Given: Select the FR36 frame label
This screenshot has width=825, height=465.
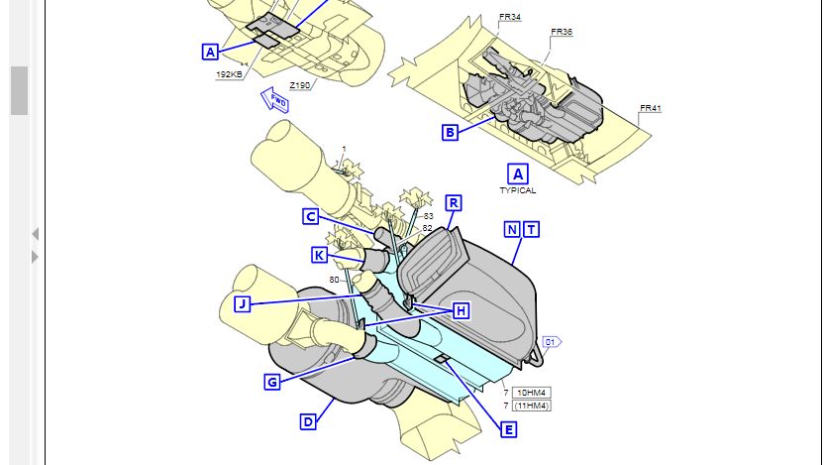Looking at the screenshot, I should [x=562, y=32].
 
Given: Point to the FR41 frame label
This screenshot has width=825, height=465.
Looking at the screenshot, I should [x=650, y=107].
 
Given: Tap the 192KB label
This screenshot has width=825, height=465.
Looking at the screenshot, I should [x=229, y=74].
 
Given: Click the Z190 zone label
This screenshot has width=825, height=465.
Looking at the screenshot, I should [x=300, y=85].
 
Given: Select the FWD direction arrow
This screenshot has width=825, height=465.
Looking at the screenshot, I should [x=274, y=98].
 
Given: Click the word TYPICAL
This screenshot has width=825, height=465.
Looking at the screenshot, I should [x=517, y=190].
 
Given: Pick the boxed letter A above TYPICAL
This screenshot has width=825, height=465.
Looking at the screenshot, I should [x=517, y=174].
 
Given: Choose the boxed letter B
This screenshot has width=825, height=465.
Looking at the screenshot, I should [x=450, y=132].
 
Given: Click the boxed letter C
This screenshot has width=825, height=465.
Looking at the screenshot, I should [x=310, y=216].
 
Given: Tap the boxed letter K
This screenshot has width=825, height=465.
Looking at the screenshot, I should [x=319, y=255].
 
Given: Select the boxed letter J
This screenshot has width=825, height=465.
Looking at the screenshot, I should [x=242, y=303].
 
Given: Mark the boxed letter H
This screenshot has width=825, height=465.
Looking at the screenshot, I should [x=461, y=310].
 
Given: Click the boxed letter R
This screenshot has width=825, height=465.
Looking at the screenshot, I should [x=453, y=203].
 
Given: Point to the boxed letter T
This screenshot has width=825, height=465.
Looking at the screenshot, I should [x=532, y=229].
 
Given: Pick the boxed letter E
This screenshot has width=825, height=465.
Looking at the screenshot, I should [x=508, y=429].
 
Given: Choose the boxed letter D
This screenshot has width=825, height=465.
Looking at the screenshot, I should [x=308, y=421].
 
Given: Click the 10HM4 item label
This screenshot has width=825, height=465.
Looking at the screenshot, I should [x=533, y=393].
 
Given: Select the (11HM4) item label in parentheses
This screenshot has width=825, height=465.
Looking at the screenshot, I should [x=533, y=406].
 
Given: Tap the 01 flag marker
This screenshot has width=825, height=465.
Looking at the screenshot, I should [x=552, y=342].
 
